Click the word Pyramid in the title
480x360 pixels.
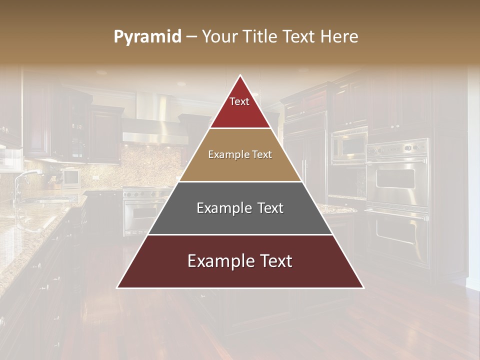tap(147, 37)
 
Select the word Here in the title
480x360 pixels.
tap(340, 36)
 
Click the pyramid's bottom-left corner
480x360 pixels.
tap(118, 287)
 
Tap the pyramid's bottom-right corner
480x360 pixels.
tap(363, 287)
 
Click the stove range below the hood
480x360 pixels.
tap(145, 210)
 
